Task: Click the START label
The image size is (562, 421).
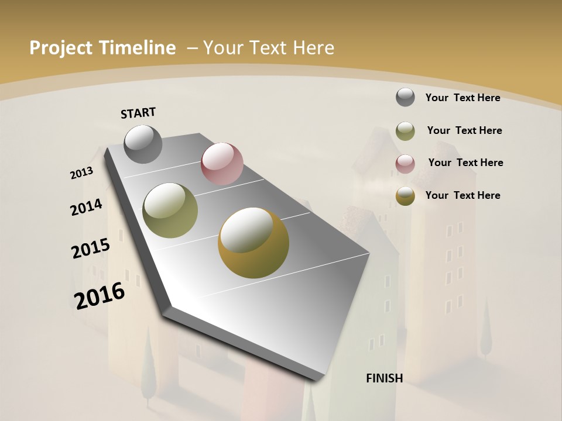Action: point(138,113)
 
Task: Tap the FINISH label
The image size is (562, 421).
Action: point(385,378)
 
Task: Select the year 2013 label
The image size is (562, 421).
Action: point(81,173)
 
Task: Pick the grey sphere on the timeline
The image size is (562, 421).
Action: point(143,144)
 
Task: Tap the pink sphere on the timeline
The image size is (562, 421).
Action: point(222,164)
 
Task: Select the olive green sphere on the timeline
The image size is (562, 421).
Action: point(170,210)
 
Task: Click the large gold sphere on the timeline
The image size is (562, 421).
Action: point(253,243)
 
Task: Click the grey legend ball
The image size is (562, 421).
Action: point(405,97)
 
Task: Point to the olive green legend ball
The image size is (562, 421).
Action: point(405,130)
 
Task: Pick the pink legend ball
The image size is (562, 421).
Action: point(405,163)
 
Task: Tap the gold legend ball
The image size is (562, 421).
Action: point(405,196)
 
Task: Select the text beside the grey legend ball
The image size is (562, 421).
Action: point(462,98)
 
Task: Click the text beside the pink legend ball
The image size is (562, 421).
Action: point(465,163)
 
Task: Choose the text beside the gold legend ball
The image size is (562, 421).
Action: point(462,195)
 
